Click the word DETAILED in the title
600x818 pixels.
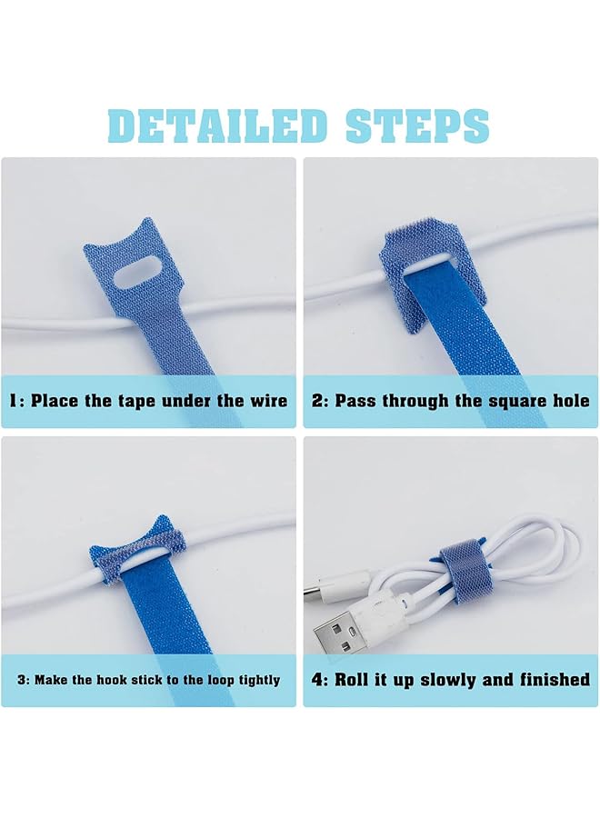click(217, 125)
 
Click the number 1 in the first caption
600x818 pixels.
click(14, 401)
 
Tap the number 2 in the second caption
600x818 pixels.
click(318, 401)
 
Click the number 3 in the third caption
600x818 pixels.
click(21, 680)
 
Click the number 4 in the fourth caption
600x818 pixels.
click(318, 680)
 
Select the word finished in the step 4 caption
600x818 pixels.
click(555, 680)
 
